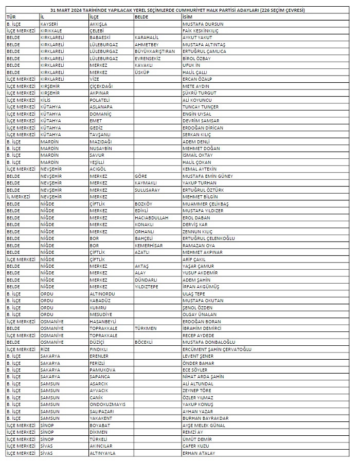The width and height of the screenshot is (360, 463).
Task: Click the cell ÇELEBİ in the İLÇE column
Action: [x=97, y=31]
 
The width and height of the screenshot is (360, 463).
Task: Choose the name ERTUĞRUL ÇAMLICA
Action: [x=204, y=52]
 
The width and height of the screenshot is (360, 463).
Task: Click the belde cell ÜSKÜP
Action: [x=142, y=72]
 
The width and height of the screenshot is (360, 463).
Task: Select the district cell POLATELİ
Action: [x=100, y=100]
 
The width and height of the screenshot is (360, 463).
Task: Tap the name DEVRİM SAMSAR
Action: [x=201, y=121]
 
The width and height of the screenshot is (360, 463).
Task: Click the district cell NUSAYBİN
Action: [x=101, y=149]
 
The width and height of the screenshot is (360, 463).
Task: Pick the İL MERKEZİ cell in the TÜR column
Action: [x=19, y=197]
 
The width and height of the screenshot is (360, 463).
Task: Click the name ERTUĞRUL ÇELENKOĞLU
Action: [x=209, y=238]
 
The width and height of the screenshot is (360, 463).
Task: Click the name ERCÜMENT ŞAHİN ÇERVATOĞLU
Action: [x=217, y=349]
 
